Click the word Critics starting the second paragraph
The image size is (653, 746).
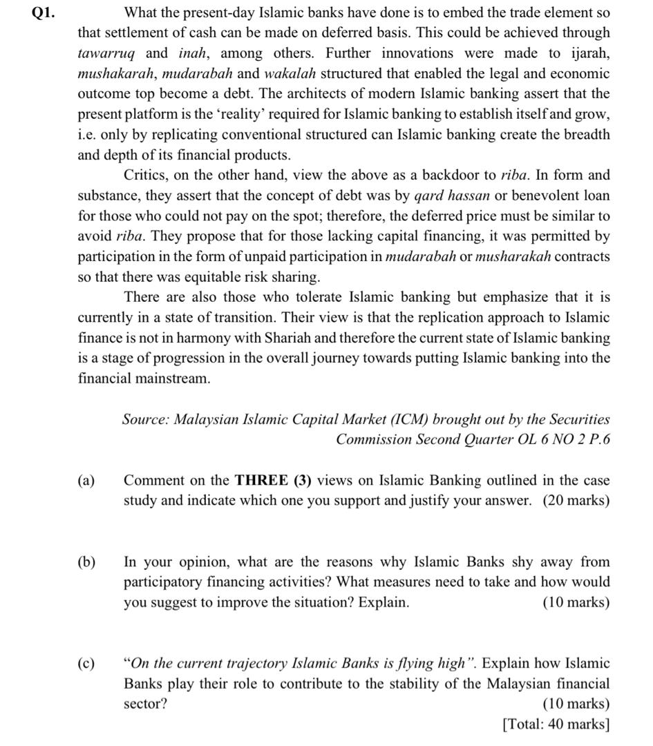pos(146,175)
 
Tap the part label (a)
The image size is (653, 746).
pos(86,480)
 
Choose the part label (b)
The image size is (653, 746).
pos(86,562)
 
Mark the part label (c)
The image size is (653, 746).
pos(86,663)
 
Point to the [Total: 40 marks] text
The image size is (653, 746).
pos(556,724)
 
